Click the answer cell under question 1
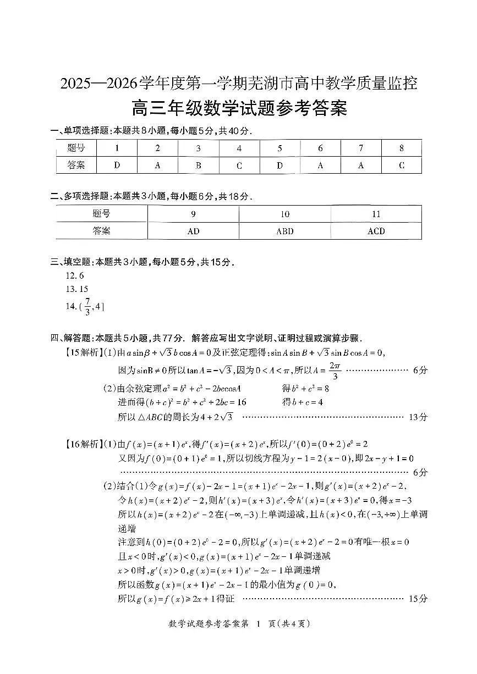117,165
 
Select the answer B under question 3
198,165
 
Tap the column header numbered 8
402,148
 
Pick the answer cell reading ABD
284,231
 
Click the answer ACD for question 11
376,231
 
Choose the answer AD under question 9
193,231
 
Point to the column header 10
284,214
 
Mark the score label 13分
418,417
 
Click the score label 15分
418,599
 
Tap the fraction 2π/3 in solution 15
335,371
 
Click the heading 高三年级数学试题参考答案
239,107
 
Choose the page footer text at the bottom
238,623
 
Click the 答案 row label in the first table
76,165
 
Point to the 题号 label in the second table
101,214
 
